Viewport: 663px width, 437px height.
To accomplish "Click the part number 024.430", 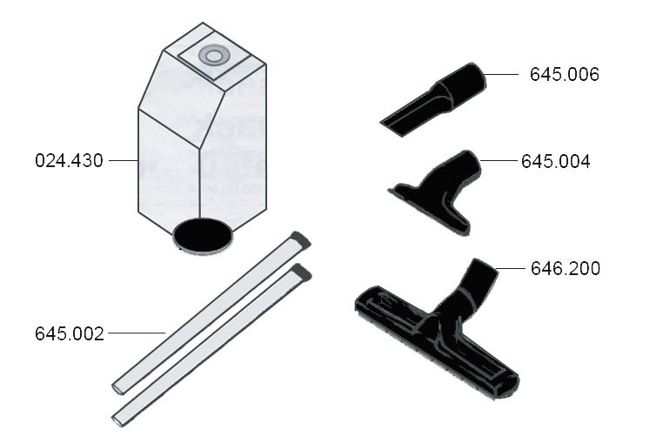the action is [69, 161].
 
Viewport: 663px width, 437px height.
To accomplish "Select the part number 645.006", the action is [565, 75].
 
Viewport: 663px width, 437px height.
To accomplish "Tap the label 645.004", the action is [556, 162].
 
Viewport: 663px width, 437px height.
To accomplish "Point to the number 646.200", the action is [566, 269].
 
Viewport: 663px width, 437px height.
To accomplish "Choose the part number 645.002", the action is [70, 333].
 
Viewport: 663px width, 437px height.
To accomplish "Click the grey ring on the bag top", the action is [214, 56].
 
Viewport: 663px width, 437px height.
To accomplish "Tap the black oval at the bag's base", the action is [203, 236].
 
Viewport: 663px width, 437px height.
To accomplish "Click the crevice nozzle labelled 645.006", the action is [433, 100].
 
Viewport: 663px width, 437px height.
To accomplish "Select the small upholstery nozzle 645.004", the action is [435, 191].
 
